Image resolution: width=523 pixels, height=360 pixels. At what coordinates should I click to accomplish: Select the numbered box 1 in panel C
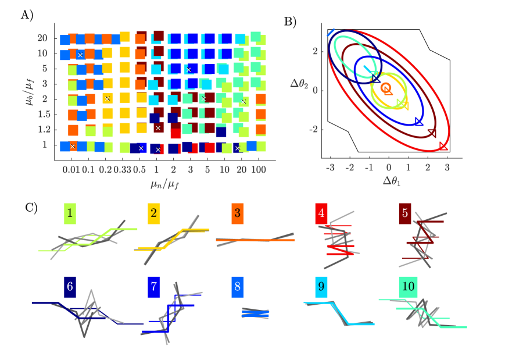70,214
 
